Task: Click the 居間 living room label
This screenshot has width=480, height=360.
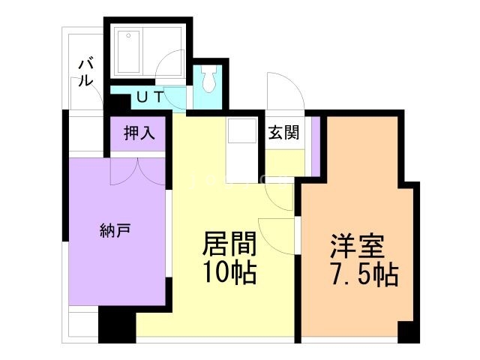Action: tap(230, 244)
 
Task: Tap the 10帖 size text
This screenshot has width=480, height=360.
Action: tap(230, 272)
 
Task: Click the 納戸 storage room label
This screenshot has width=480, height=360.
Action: tap(115, 229)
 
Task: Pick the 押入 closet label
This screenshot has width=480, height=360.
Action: tap(139, 133)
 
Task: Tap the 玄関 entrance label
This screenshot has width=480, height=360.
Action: tap(284, 133)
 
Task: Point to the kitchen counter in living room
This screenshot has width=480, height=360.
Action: tap(244, 150)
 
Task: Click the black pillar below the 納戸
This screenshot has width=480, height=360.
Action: tap(116, 324)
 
